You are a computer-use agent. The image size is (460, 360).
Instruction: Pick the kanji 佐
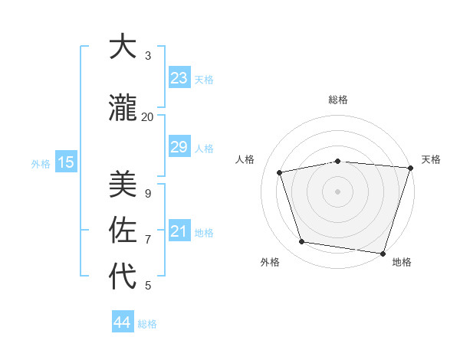pyautogui.click(x=123, y=230)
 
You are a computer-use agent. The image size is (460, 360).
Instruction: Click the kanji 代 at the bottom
pyautogui.click(x=123, y=276)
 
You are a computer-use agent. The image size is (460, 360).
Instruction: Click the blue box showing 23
pyautogui.click(x=179, y=78)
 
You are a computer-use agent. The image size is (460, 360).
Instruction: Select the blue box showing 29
pyautogui.click(x=179, y=147)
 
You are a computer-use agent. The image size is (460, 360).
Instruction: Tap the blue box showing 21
pyautogui.click(x=179, y=231)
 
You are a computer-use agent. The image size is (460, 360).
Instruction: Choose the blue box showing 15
pyautogui.click(x=65, y=162)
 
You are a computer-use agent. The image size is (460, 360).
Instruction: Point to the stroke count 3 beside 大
pyautogui.click(x=148, y=56)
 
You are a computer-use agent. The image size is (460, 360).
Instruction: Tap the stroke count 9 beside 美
pyautogui.click(x=148, y=194)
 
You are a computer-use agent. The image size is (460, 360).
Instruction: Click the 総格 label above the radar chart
pyautogui.click(x=338, y=100)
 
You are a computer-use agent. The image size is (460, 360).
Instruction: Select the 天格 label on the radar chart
pyautogui.click(x=431, y=159)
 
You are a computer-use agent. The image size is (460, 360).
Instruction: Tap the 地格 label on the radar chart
pyautogui.click(x=402, y=262)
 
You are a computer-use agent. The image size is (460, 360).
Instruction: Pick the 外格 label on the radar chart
pyautogui.click(x=270, y=262)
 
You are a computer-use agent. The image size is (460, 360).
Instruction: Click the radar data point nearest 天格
pyautogui.click(x=410, y=168)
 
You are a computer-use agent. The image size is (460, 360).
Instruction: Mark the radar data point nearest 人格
pyautogui.click(x=280, y=172)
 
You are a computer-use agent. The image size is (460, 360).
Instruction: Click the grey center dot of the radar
pyautogui.click(x=338, y=191)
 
